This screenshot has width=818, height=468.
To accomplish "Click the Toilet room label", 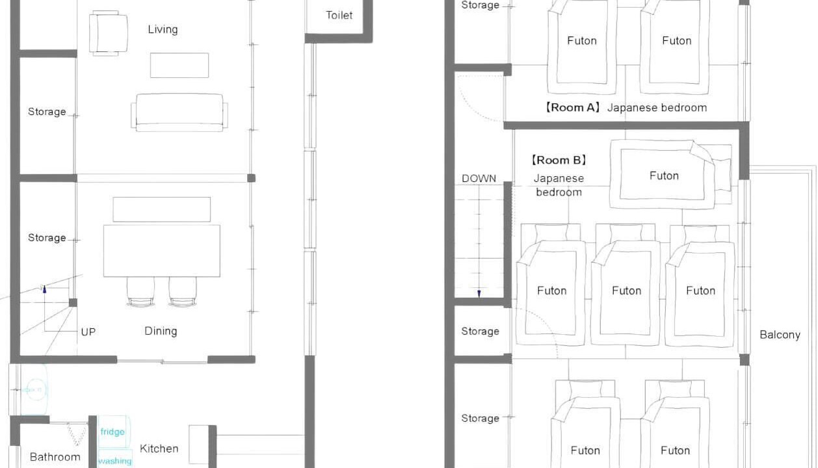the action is coord(339,16).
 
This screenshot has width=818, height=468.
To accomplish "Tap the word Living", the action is coord(163,29).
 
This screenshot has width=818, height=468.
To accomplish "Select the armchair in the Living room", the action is coord(109,33).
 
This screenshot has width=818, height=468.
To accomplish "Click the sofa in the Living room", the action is coord(179,112).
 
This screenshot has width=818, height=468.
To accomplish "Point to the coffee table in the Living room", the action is coord(179,66).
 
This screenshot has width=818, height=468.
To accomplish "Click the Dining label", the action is coord(161,331).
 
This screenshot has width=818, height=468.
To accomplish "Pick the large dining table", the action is coord(162,251).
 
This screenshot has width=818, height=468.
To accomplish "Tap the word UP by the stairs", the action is coord(88,332).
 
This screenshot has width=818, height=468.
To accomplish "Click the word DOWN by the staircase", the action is coord(479,179).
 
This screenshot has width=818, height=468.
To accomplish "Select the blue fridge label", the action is coord(112,432).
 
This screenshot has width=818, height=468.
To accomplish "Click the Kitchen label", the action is coord(159,448).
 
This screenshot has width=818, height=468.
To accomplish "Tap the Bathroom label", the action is coord(55,457).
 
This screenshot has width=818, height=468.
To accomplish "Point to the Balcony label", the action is coord(780,335).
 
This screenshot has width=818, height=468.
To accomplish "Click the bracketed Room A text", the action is coord(572,108).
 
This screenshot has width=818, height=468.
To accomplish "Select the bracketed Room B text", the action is coord(559,161).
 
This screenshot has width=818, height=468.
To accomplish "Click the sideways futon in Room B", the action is coord(671,174).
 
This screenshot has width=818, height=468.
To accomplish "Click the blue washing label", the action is coord(114,461).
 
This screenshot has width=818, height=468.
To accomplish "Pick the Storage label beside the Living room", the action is coord(47,112).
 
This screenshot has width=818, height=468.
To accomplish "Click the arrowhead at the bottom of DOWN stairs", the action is coord(479,294).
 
